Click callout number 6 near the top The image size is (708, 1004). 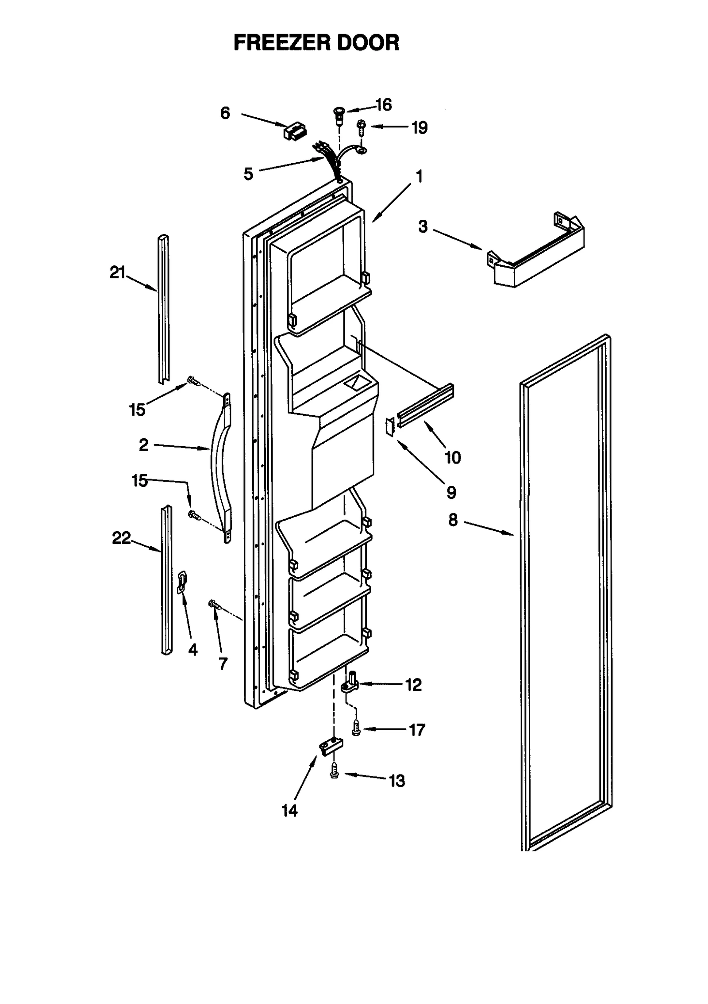coord(225,113)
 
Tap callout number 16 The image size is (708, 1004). coord(383,105)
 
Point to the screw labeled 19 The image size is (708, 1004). coord(362,129)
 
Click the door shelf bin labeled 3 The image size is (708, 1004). coord(535,252)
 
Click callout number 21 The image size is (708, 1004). coord(118,272)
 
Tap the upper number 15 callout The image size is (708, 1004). coord(137,410)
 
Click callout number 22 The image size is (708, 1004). coord(121,538)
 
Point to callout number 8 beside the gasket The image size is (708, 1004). coord(453,520)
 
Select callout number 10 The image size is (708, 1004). coord(453,457)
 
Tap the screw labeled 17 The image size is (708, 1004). coord(356,728)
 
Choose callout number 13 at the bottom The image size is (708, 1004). coord(397,781)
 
